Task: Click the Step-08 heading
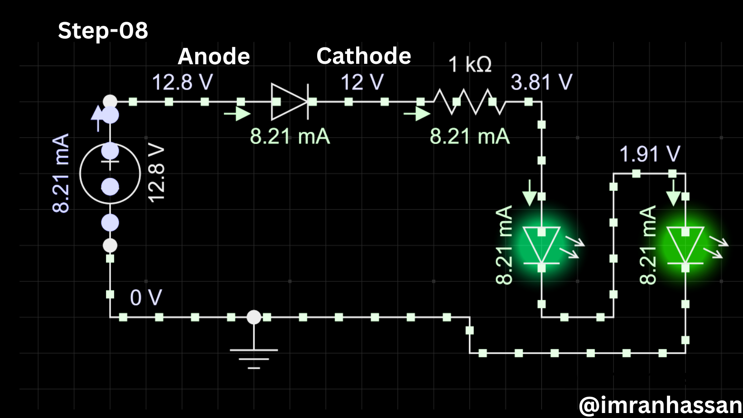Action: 103,30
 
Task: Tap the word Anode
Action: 214,56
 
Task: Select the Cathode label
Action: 363,56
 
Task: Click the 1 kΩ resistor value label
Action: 470,64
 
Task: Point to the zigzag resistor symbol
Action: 469,102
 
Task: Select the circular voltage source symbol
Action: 110,173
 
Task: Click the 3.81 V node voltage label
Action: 541,82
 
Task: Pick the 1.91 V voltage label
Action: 650,154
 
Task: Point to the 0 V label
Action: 146,297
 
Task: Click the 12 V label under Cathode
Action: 362,82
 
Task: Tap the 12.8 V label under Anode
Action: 182,82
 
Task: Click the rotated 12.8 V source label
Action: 156,173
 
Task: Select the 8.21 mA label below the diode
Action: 290,136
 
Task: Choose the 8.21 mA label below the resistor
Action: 470,136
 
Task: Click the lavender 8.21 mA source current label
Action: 61,173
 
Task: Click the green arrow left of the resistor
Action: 417,114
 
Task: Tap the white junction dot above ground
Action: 254,317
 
